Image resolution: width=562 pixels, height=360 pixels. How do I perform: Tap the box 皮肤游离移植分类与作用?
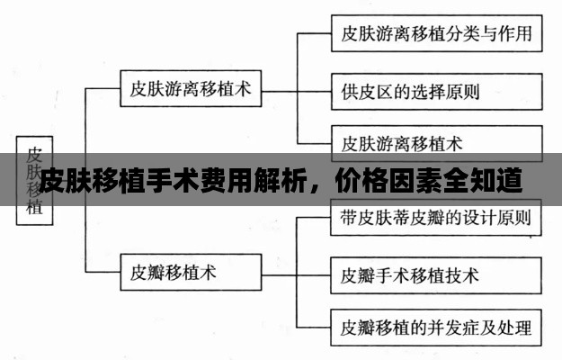pos(436,35)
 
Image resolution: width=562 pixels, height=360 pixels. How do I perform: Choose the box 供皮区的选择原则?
pos(436,90)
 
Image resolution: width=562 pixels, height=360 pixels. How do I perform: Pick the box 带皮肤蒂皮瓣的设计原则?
pos(436,218)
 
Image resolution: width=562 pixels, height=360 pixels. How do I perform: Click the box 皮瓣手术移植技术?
pos(436,274)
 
